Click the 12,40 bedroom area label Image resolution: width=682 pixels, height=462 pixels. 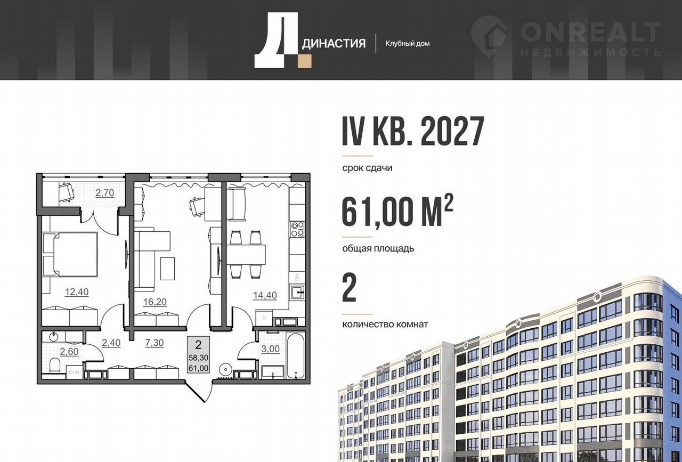pyautogui.click(x=77, y=292)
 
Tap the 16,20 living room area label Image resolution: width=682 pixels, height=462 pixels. pyautogui.click(x=155, y=302)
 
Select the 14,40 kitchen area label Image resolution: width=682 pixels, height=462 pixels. pyautogui.click(x=265, y=295)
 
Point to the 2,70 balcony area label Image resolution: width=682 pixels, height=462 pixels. pyautogui.click(x=105, y=193)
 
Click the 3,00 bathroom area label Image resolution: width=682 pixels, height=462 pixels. pyautogui.click(x=270, y=349)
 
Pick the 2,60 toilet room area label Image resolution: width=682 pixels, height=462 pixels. pyautogui.click(x=69, y=352)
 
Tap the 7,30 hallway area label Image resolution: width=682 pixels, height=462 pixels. pyautogui.click(x=155, y=343)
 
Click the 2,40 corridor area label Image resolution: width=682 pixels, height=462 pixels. pyautogui.click(x=111, y=343)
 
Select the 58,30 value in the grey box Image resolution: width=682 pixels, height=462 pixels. pyautogui.click(x=198, y=357)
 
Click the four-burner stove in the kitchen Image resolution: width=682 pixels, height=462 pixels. pyautogui.click(x=297, y=229)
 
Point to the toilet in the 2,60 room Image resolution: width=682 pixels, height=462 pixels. pyautogui.click(x=55, y=366)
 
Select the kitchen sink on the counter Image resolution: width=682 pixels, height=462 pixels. pyautogui.click(x=297, y=293)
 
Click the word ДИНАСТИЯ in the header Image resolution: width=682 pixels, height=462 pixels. pyautogui.click(x=334, y=44)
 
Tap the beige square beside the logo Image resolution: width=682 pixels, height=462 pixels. pyautogui.click(x=305, y=61)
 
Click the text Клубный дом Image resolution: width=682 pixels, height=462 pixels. pyautogui.click(x=408, y=44)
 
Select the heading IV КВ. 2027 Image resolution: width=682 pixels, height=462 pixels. pyautogui.click(x=413, y=131)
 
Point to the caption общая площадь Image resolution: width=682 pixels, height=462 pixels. pyautogui.click(x=378, y=248)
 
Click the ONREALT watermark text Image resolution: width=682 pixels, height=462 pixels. pyautogui.click(x=591, y=32)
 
